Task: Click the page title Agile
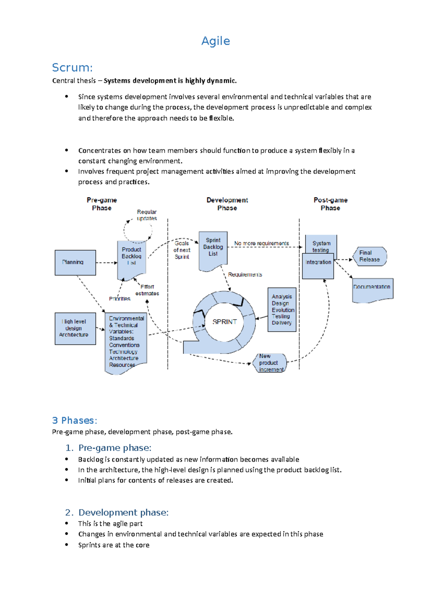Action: [x=215, y=41]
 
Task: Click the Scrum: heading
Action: [x=72, y=68]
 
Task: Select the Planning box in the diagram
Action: [x=75, y=263]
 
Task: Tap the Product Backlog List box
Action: [x=131, y=259]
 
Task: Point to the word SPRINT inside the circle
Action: [x=224, y=322]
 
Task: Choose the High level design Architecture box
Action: [x=75, y=328]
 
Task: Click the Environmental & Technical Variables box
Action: [x=126, y=341]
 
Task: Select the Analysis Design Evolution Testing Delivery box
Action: [x=282, y=309]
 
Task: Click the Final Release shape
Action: [x=370, y=256]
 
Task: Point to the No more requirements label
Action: [x=261, y=244]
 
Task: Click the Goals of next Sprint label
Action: [x=182, y=250]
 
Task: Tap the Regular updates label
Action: [x=147, y=215]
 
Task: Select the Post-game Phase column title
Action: [x=330, y=204]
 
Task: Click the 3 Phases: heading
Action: [x=74, y=420]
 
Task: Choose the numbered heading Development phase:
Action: [x=123, y=512]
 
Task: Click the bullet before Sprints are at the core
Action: [x=66, y=545]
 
